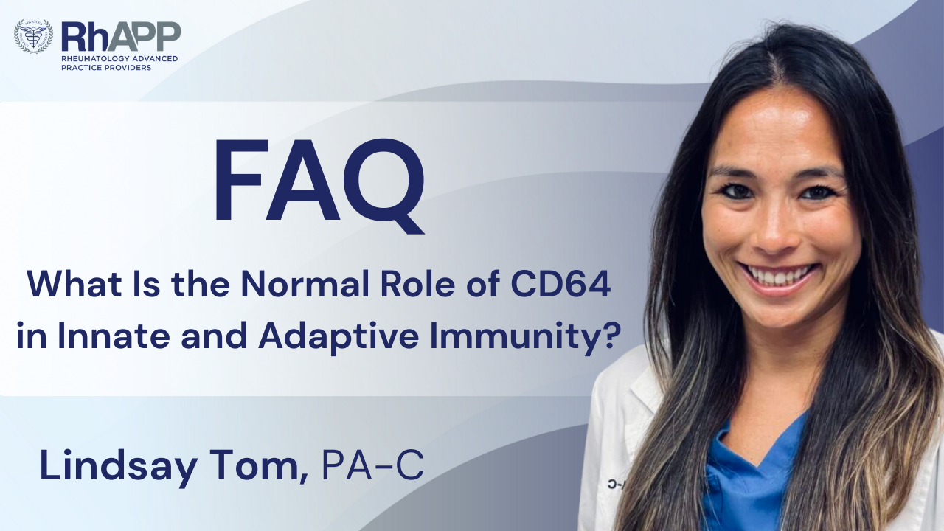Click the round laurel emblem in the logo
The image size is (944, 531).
[x=33, y=35]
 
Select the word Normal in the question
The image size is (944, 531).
[x=310, y=285]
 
